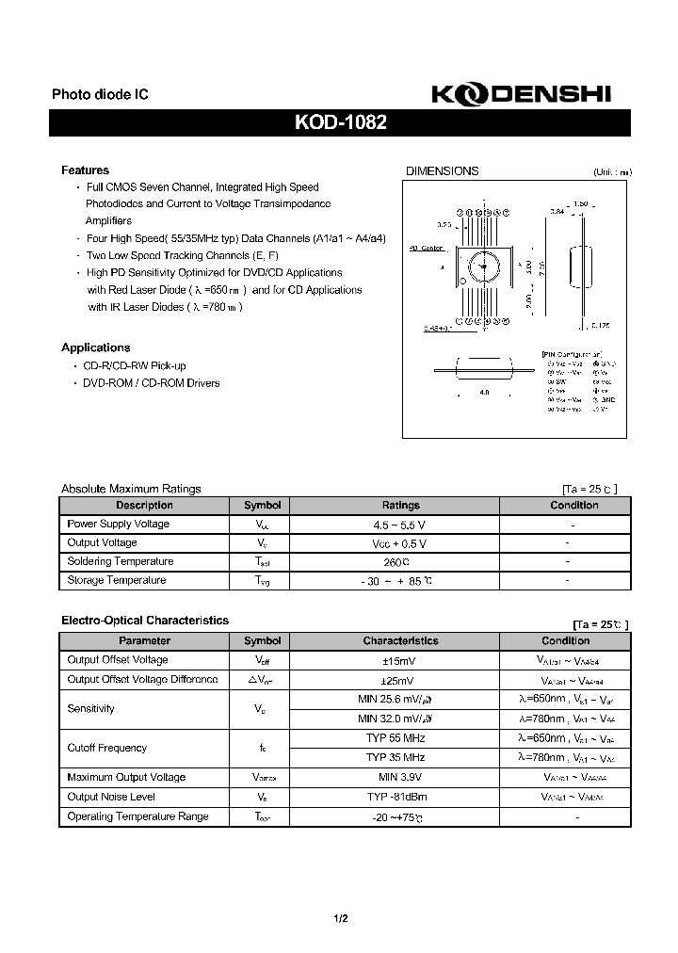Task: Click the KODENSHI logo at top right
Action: click(x=521, y=94)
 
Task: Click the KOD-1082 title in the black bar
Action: click(x=340, y=122)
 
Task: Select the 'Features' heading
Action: click(x=85, y=170)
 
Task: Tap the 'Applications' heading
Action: click(x=95, y=347)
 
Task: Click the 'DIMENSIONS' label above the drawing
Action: click(x=442, y=171)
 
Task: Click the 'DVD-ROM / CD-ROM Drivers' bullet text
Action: click(x=152, y=383)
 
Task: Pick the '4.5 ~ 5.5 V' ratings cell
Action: click(x=400, y=525)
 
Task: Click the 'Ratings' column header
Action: click(x=400, y=506)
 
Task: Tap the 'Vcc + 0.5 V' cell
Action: click(x=400, y=543)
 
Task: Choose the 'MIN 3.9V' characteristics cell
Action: click(x=400, y=778)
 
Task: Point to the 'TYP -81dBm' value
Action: click(x=400, y=798)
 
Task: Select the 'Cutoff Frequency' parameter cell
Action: click(x=107, y=748)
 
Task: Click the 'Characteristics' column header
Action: click(x=400, y=641)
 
